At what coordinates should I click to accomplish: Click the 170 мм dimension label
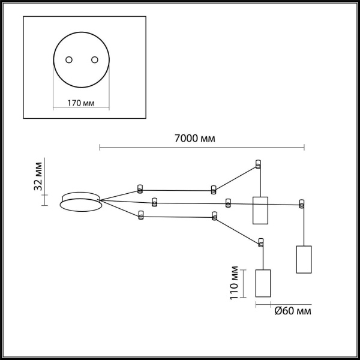[x=81, y=103]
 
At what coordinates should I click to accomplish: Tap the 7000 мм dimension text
[x=194, y=139]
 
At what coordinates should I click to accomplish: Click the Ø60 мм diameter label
[x=293, y=311]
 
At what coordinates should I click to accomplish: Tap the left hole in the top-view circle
[x=69, y=59]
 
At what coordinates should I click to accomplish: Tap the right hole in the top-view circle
[x=94, y=59]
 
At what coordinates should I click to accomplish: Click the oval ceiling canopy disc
[x=81, y=203]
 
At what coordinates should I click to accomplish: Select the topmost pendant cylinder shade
[x=259, y=210]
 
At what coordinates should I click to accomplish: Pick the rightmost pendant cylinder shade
[x=304, y=259]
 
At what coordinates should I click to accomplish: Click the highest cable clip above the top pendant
[x=259, y=164]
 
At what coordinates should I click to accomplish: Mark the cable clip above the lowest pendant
[x=261, y=242]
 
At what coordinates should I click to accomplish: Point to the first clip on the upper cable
[x=140, y=187]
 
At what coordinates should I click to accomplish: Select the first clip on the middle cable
[x=155, y=201]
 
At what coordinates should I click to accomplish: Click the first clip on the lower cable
[x=140, y=214]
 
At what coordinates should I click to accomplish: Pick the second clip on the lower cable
[x=214, y=216]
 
